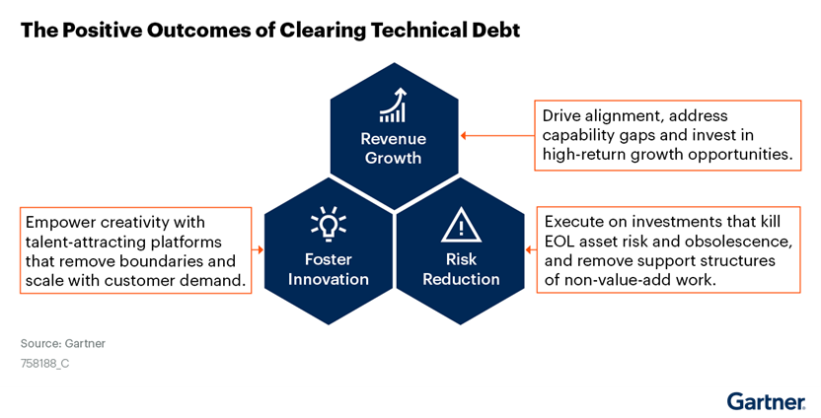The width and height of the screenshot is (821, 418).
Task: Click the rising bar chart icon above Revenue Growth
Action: tap(393, 105)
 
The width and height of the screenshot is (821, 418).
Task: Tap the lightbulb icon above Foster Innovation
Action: tap(329, 224)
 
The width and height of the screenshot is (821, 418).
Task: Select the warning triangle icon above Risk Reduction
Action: tap(461, 225)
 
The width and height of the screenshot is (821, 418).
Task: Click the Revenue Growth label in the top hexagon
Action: tap(393, 148)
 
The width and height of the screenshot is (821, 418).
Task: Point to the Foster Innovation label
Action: tap(329, 269)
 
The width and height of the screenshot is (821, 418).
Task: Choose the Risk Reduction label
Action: tap(461, 269)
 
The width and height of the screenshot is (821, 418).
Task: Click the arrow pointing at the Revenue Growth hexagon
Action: tap(497, 135)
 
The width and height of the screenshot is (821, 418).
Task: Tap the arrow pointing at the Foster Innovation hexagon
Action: tap(258, 250)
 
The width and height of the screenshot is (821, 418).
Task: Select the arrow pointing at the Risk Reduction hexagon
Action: tap(531, 250)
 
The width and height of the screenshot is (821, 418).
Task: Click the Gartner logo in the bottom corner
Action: tap(766, 401)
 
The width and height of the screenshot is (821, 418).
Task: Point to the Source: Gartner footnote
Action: tap(63, 344)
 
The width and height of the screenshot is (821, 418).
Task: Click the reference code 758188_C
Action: tap(44, 363)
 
